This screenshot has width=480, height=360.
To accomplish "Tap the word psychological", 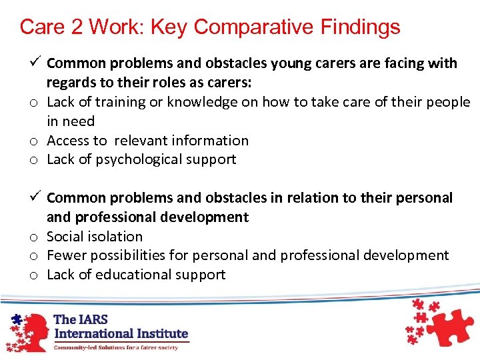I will pyautogui.click(x=141, y=160).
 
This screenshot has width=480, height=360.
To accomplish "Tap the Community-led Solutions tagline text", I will pyautogui.click(x=116, y=347).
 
